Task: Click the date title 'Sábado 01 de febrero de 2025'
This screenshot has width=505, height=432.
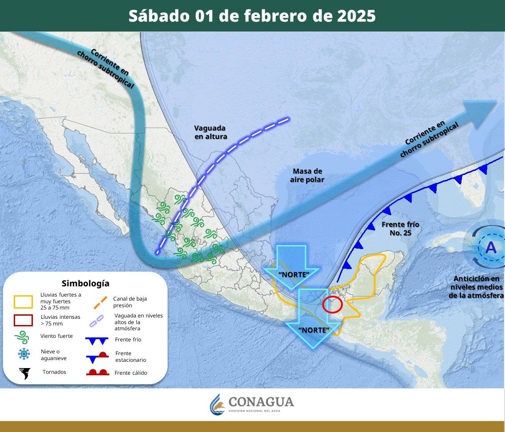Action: pos(252,16)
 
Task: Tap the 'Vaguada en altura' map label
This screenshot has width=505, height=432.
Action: pos(211,132)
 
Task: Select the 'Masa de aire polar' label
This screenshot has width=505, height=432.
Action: pos(307,175)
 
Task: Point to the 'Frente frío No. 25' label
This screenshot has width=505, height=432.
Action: pos(400,228)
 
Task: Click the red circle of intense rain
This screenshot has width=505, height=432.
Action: pos(332,305)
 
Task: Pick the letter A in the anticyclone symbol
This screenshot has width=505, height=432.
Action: pos(491,247)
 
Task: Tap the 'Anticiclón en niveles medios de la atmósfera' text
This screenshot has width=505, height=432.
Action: pos(476,287)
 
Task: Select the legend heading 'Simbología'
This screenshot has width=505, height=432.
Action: pos(86,283)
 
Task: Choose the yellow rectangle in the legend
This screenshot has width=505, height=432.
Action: pos(24,301)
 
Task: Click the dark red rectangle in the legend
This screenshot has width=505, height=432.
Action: pos(24,320)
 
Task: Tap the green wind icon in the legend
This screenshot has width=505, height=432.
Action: pos(23,337)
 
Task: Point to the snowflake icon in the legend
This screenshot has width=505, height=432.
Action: pos(24,354)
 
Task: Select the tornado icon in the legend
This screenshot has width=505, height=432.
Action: pos(24,373)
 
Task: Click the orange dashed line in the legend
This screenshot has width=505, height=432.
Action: pos(100,302)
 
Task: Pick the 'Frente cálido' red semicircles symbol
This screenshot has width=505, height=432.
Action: pos(98,372)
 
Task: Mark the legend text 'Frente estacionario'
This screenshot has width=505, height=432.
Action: pos(130,357)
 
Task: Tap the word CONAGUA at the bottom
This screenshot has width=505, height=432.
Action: pos(261,402)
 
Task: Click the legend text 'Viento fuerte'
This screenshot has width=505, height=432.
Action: pos(56,336)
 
